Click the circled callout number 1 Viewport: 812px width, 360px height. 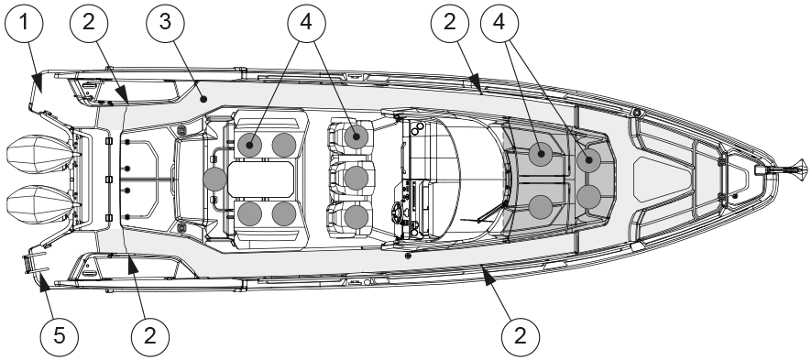click(23, 23)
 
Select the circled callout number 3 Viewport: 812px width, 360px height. click(165, 23)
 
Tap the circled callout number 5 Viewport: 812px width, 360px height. click(60, 337)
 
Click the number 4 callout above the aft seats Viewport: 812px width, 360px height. click(307, 23)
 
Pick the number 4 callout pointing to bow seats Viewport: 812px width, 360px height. click(499, 23)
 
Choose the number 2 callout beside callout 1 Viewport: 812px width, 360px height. click(89, 23)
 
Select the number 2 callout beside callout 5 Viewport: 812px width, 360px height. click(150, 337)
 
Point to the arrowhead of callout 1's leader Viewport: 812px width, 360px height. click(37, 83)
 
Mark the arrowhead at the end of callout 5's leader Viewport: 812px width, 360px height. click(43, 283)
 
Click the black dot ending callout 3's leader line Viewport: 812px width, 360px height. click(203, 99)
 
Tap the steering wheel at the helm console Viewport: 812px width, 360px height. click(399, 213)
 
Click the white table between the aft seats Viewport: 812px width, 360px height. click(261, 179)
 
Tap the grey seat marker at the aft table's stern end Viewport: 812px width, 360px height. click(214, 179)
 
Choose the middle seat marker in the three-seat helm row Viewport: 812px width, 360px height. click(357, 178)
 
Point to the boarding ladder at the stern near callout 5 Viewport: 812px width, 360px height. click(34, 258)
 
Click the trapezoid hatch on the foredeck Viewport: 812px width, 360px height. click(664, 180)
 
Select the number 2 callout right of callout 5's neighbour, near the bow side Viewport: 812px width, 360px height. click(521, 337)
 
